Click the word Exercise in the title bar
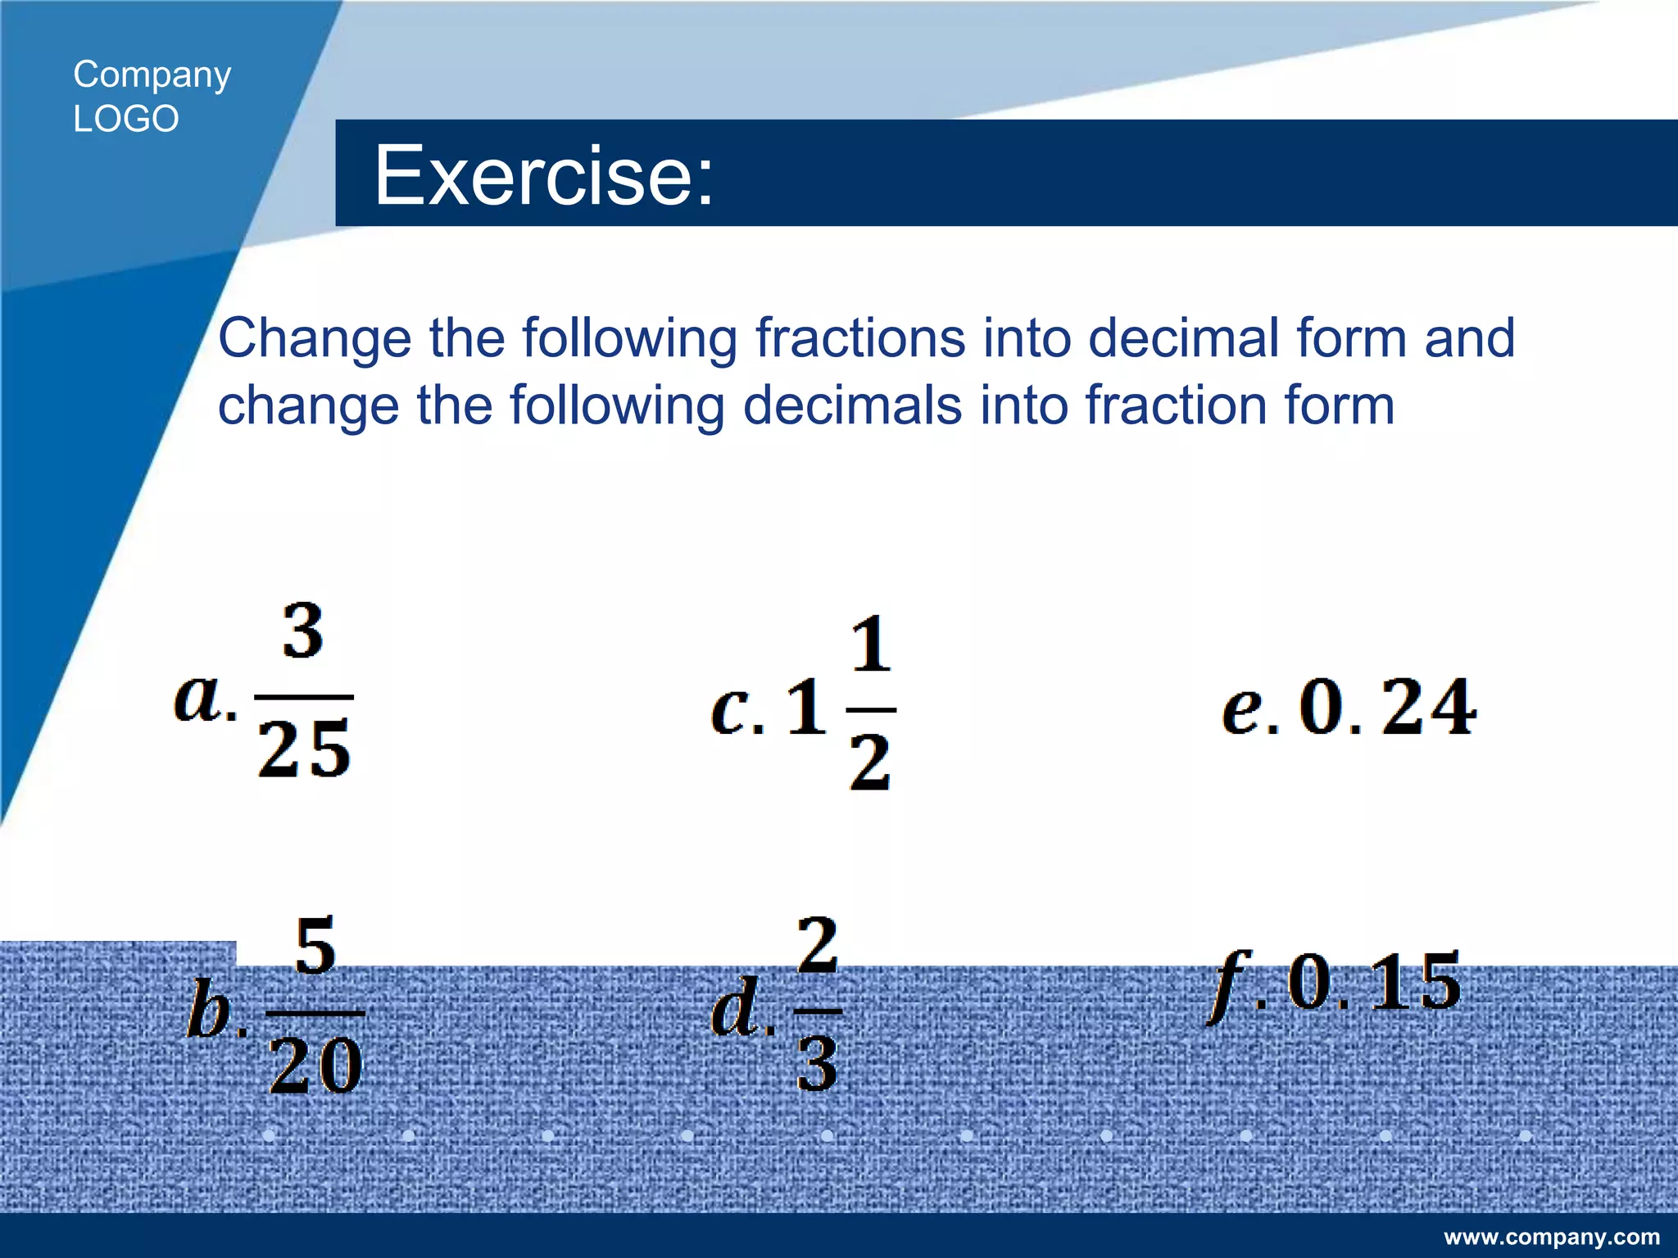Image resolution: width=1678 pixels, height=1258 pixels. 543,174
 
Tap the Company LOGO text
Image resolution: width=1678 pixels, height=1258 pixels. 152,97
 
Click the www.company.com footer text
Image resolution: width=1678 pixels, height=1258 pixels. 1552,1237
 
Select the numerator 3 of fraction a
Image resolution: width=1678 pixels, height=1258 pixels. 303,631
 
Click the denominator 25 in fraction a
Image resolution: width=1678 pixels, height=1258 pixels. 304,748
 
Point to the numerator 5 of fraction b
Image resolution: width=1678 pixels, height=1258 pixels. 315,946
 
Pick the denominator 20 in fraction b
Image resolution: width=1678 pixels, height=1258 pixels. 315,1065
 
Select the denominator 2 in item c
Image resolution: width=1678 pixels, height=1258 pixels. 869,762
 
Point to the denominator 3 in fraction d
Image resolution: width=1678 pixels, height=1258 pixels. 817,1063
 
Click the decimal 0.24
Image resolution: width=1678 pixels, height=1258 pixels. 1388,707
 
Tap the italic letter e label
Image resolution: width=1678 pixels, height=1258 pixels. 1240,709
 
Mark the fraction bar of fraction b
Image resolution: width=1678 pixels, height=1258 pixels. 315,1013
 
